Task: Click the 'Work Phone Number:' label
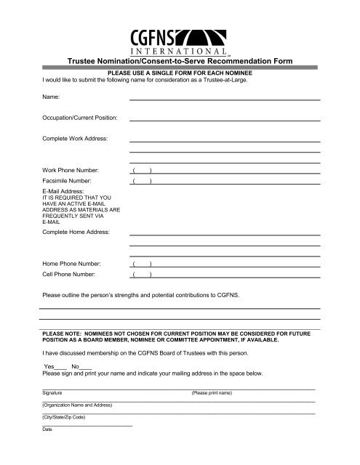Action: tap(75, 169)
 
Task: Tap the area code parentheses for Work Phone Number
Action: tap(141, 169)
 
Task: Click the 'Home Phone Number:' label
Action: tap(76, 263)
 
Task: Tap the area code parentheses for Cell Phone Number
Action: tap(141, 275)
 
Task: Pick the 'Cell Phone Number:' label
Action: tap(73, 275)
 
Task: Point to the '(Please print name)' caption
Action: tap(211, 392)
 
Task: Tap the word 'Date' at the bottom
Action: tap(47, 429)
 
